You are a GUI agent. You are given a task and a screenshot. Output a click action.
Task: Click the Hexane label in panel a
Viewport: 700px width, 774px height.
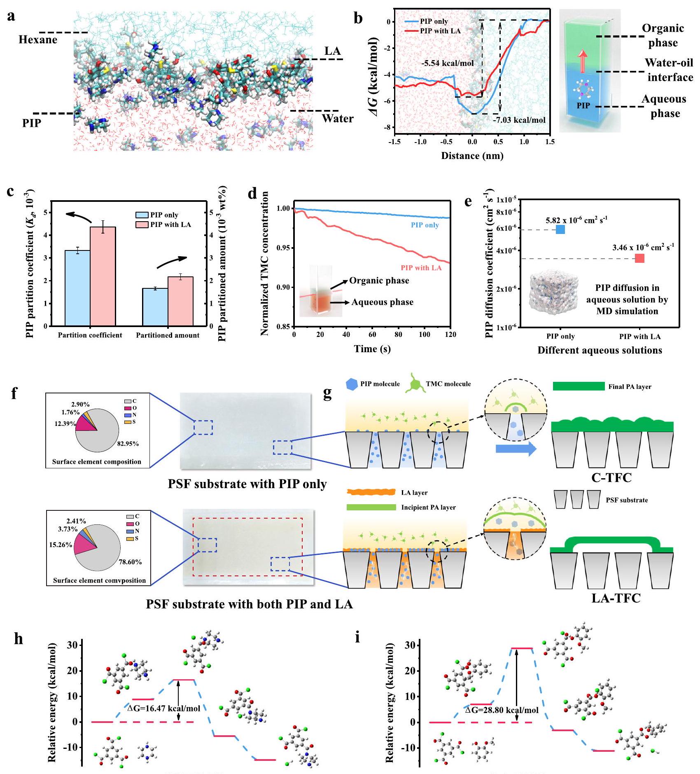click(38, 40)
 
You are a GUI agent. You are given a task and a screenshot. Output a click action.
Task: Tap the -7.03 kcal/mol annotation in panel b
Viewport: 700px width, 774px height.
click(519, 120)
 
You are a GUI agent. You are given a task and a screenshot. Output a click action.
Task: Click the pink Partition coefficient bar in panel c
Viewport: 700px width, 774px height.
click(103, 276)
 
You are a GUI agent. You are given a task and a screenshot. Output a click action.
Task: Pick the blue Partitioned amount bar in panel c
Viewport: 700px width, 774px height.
click(155, 307)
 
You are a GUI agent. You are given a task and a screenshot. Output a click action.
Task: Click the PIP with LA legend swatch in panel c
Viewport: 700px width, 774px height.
click(142, 224)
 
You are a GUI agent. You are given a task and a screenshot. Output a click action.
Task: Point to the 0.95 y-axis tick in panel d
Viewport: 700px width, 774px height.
click(283, 248)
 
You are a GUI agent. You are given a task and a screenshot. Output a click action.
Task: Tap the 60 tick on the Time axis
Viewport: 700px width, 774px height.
click(372, 334)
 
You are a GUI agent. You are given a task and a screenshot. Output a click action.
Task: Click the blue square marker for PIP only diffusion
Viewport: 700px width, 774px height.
click(560, 229)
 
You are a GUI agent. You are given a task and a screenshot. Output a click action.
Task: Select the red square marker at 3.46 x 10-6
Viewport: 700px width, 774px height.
click(639, 258)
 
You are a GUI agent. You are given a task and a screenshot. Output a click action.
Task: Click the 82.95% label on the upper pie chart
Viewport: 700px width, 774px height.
click(128, 444)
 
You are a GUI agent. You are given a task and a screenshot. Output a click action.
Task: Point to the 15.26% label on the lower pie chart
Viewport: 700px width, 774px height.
click(61, 545)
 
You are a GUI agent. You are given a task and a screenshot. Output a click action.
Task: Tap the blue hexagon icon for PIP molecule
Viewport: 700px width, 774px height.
click(352, 384)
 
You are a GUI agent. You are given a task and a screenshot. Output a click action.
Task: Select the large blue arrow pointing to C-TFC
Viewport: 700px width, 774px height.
click(516, 449)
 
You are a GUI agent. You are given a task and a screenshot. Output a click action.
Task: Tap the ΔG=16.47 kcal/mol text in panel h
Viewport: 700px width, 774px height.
click(164, 709)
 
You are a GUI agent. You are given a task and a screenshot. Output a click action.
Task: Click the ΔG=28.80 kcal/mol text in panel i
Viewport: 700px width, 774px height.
click(502, 710)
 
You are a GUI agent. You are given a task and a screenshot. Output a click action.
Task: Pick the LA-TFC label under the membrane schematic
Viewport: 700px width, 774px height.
click(616, 598)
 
